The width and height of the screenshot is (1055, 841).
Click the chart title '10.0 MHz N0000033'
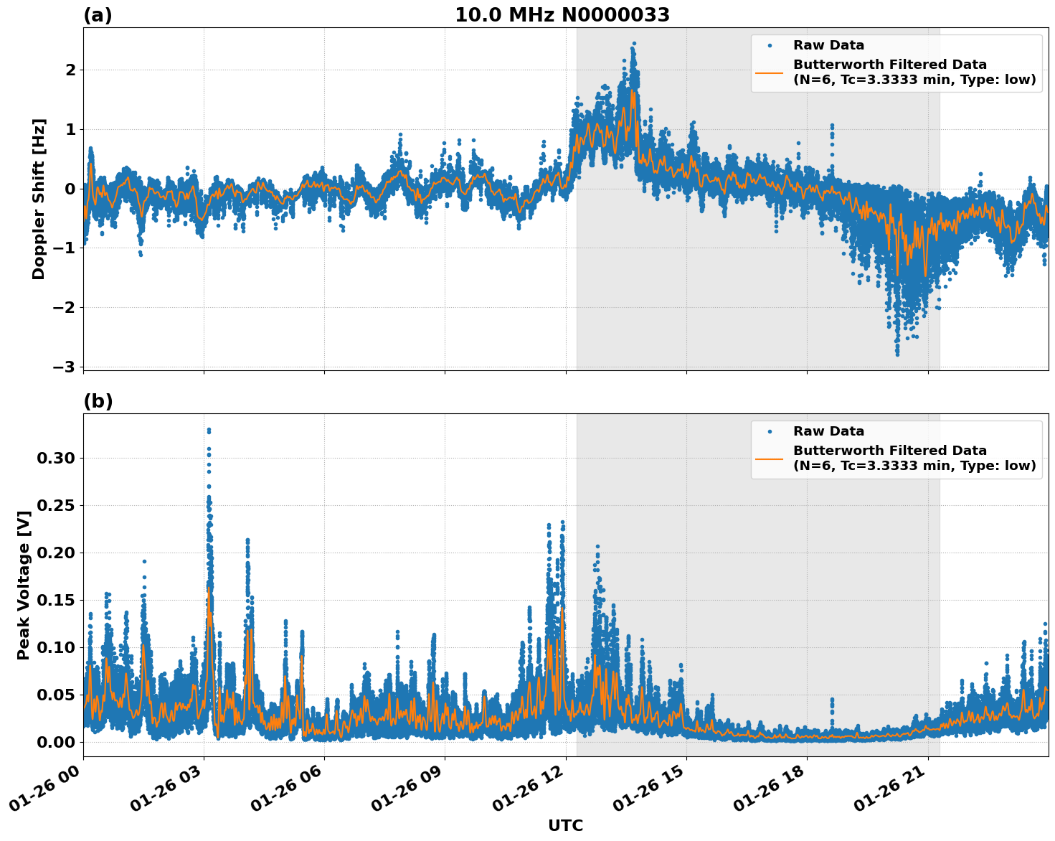562,15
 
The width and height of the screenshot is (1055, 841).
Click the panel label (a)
98,15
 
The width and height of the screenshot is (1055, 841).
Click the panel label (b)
98,401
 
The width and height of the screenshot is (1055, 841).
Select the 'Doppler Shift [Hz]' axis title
39,199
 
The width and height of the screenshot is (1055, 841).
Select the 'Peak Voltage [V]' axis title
24,585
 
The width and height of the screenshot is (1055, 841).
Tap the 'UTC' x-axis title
565,825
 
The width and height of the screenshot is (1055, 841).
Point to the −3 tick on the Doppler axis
64,367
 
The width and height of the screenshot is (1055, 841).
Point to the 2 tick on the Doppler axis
70,70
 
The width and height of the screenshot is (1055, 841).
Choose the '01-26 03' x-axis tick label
165,792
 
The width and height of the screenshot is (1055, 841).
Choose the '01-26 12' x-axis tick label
527,792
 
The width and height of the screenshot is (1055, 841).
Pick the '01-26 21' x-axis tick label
889,792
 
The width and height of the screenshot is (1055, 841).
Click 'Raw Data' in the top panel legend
828,45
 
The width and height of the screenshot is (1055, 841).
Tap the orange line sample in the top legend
770,72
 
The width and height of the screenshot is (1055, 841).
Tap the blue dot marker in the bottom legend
770,431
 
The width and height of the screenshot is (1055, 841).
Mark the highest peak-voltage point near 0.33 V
209,430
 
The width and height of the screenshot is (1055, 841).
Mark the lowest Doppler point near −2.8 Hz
896,354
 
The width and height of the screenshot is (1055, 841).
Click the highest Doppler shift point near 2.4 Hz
634,43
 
